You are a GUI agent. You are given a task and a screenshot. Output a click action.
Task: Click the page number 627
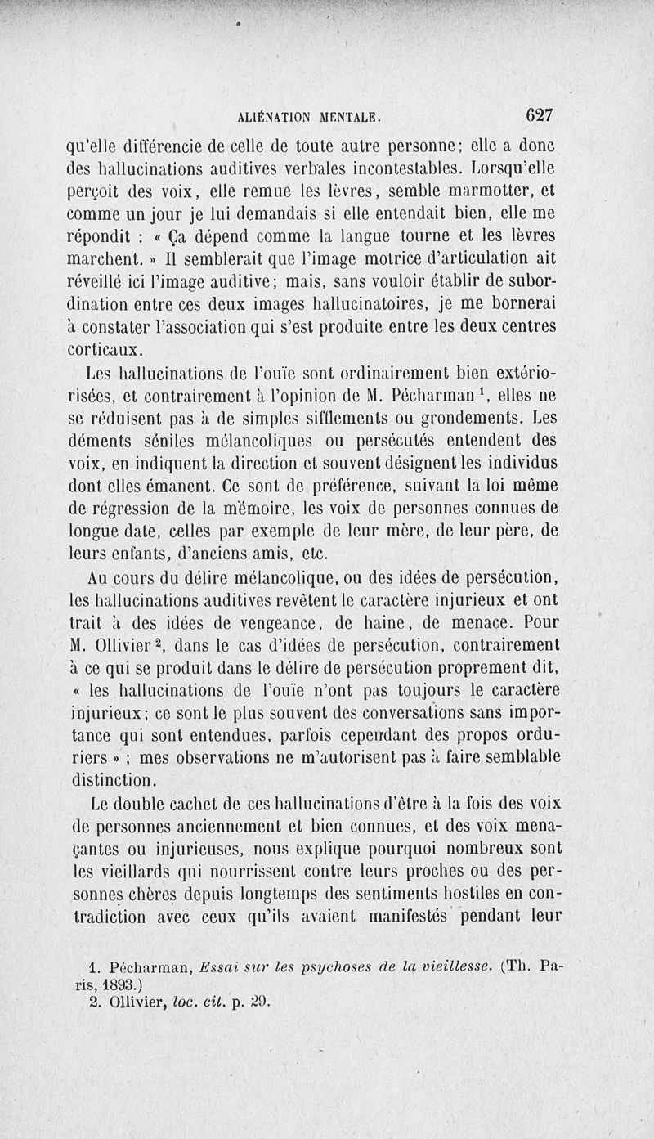540,115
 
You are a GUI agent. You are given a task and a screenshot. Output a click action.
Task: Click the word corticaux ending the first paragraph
105,351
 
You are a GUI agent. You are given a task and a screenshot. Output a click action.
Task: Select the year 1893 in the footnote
126,985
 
